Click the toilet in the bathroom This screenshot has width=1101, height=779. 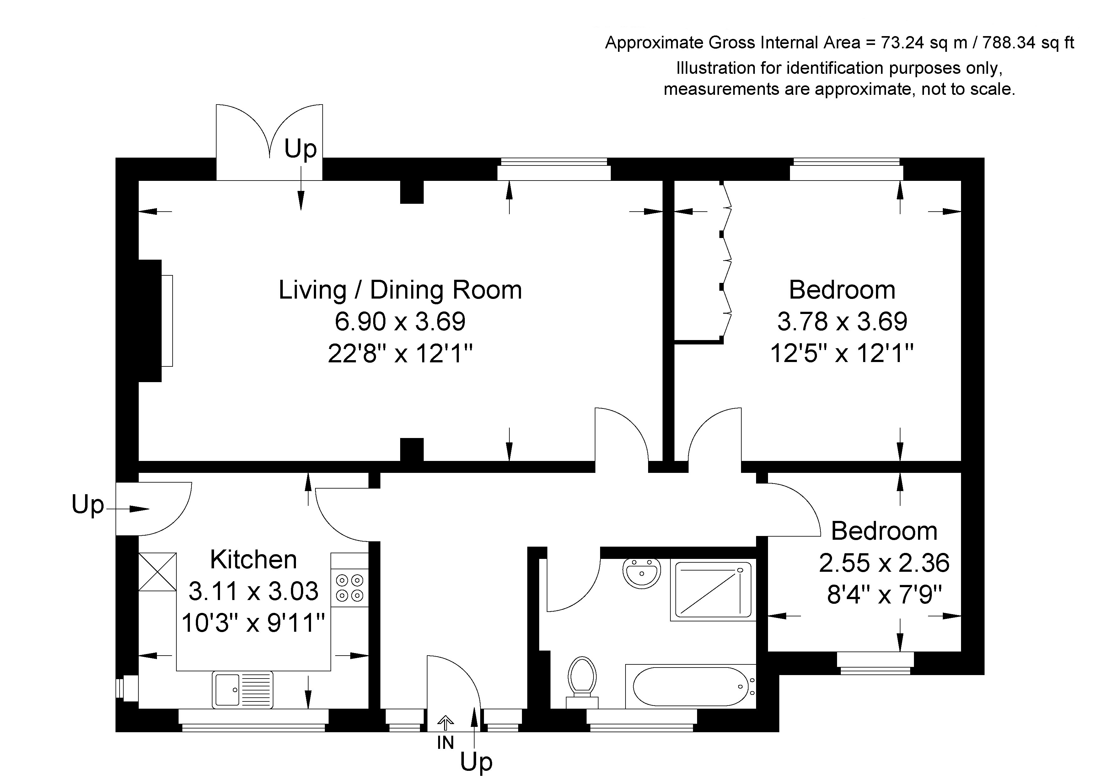(582, 681)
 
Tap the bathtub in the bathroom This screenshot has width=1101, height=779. (690, 686)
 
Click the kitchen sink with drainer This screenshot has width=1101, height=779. (243, 689)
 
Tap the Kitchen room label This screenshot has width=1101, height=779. (254, 559)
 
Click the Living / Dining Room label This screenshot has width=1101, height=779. (400, 290)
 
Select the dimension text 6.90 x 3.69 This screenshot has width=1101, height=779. (400, 322)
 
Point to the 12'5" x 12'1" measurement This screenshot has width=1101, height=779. (842, 354)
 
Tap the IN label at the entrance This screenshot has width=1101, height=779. (445, 743)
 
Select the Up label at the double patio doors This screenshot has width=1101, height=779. (301, 149)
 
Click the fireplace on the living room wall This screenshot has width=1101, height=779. (155, 321)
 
